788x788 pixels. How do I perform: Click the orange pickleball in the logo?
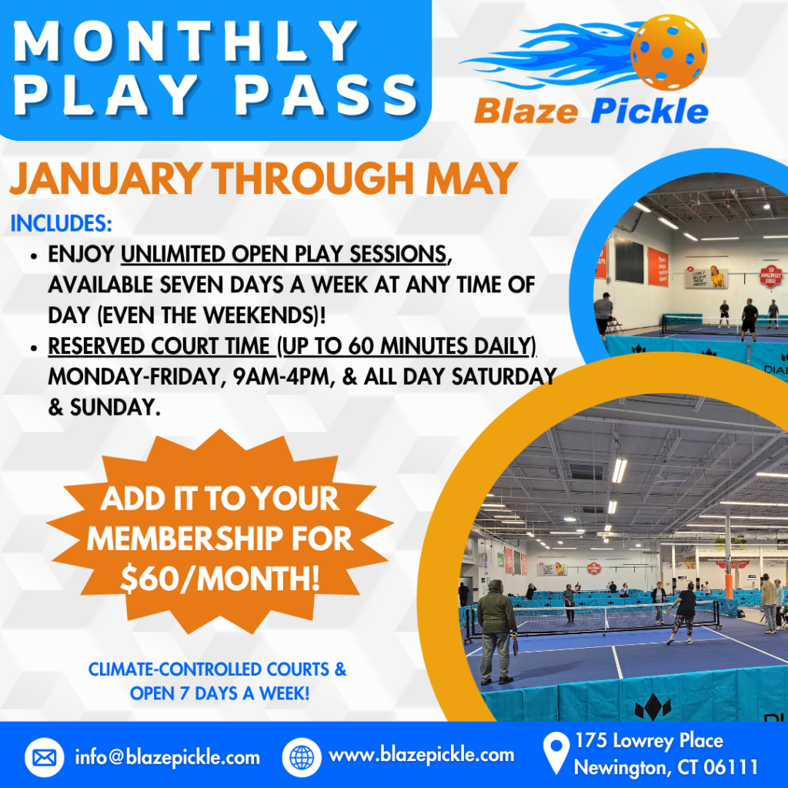click(x=669, y=52)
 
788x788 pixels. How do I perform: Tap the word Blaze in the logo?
click(x=526, y=111)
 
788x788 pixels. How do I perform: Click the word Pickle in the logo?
click(x=649, y=110)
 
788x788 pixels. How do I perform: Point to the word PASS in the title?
click(x=326, y=95)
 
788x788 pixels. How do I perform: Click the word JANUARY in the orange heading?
click(x=106, y=179)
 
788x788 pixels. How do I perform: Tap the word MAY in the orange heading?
click(x=472, y=179)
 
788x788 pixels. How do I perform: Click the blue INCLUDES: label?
click(x=61, y=224)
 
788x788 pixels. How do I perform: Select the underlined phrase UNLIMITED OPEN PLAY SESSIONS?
click(x=283, y=254)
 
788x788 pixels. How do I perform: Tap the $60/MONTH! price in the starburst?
click(x=220, y=579)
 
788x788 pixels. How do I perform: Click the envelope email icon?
click(x=44, y=757)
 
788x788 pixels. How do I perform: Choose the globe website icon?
click(x=302, y=757)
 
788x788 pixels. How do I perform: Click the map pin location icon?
click(x=556, y=753)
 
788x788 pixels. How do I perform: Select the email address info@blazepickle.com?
click(x=167, y=757)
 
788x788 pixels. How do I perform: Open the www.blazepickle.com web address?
click(x=421, y=756)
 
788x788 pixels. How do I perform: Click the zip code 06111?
click(x=730, y=767)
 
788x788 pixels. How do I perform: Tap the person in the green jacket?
click(x=496, y=632)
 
